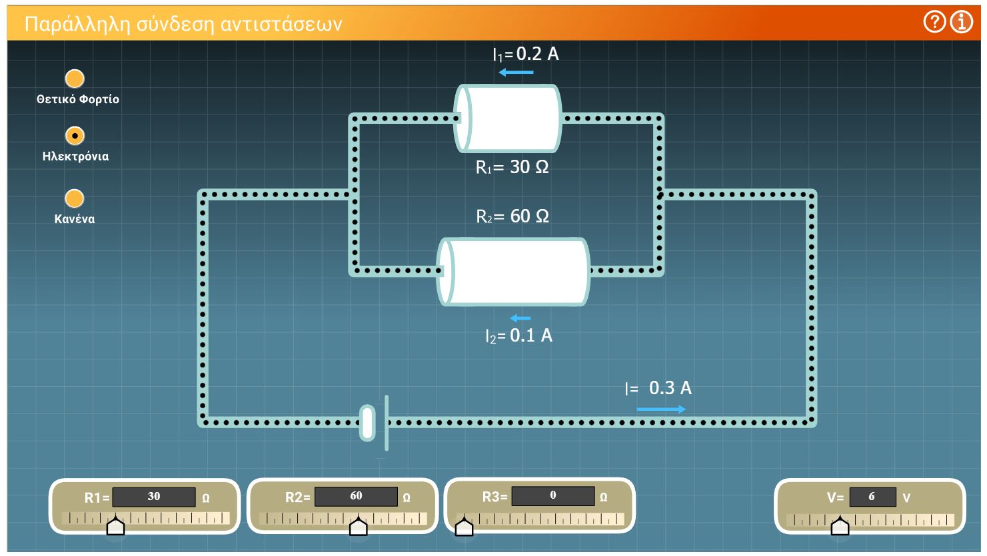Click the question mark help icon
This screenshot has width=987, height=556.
[934, 21]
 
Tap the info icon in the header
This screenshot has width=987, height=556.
[962, 21]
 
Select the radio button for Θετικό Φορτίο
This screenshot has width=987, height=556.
[75, 79]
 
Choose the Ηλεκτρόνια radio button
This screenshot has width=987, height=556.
[75, 136]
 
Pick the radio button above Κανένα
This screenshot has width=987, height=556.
[75, 198]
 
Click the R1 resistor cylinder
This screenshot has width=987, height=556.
[508, 119]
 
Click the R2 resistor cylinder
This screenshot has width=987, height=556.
[513, 272]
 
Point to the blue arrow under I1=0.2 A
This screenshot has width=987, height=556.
[516, 72]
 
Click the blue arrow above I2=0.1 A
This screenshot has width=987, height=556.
[520, 318]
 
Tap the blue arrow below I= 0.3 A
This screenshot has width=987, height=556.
[661, 410]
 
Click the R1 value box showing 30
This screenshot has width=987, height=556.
[154, 497]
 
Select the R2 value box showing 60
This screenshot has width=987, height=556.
[356, 496]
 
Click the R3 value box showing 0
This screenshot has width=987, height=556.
[553, 495]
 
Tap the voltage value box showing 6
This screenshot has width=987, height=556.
[872, 497]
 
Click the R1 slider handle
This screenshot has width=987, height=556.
[115, 526]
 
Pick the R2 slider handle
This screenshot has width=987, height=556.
[359, 526]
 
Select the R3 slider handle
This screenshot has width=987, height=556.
[464, 526]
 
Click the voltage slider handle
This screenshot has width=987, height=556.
[840, 526]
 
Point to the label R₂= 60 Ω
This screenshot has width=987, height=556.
[513, 216]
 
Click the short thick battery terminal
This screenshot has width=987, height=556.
[367, 423]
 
